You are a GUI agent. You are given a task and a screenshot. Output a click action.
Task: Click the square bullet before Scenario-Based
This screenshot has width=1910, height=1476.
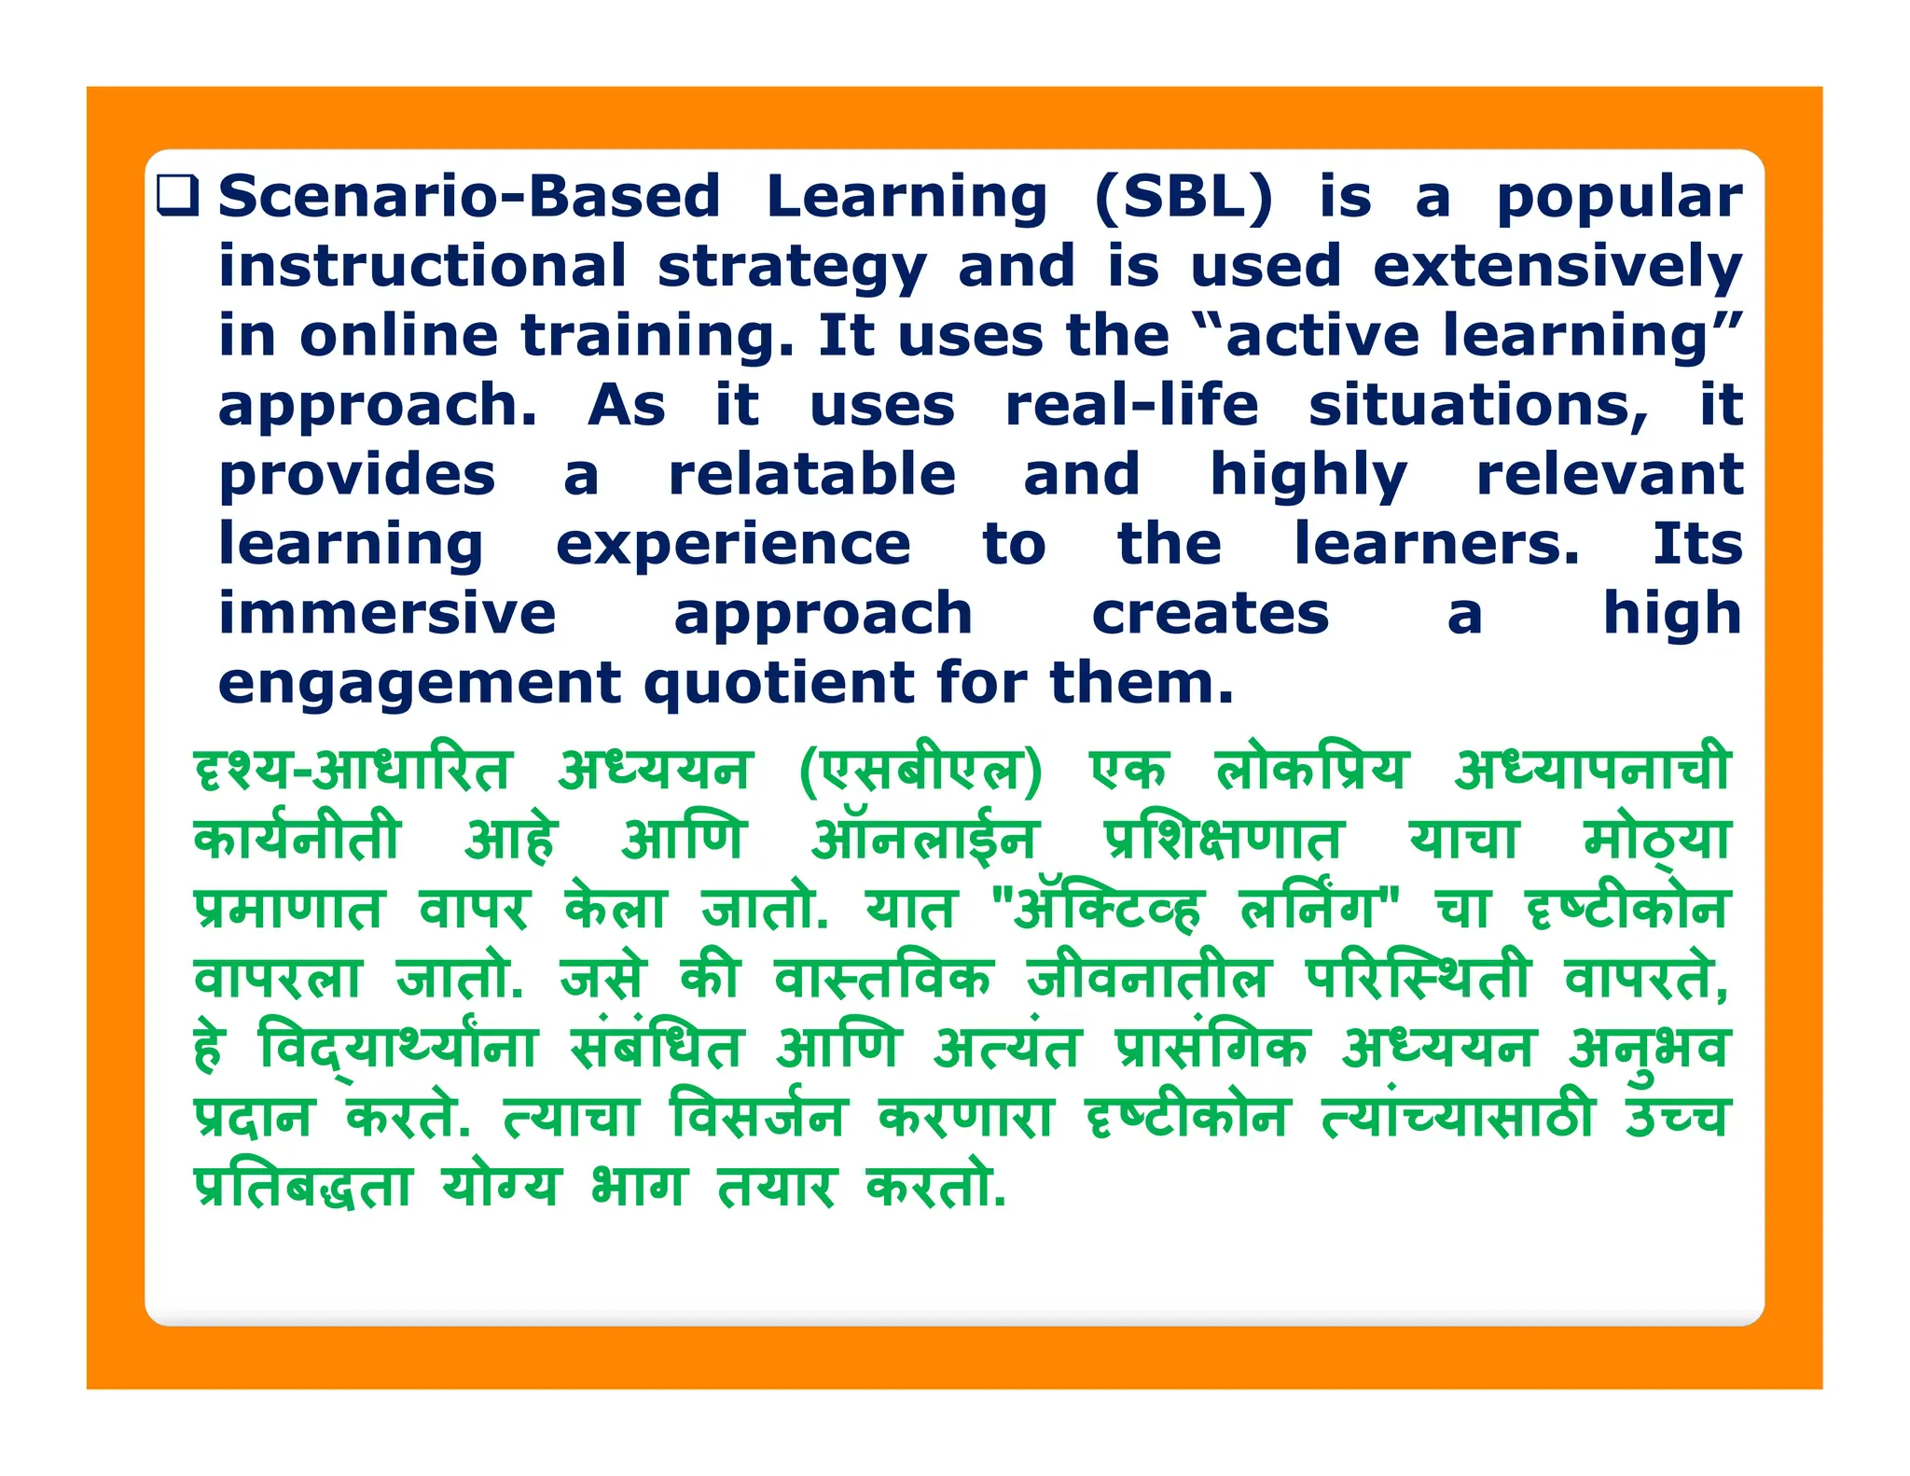[177, 196]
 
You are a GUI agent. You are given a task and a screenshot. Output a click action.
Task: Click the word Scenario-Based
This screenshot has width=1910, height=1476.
[469, 197]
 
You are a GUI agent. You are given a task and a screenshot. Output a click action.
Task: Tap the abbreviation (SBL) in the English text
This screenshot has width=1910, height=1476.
[1183, 197]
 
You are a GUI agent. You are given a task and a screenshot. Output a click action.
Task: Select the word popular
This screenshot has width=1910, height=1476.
[1619, 199]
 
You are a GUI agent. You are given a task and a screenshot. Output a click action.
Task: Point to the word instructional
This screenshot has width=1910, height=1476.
[422, 266]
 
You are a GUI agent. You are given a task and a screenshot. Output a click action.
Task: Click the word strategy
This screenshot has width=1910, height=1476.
[792, 268]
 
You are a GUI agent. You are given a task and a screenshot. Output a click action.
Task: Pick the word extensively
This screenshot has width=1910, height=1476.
[1557, 266]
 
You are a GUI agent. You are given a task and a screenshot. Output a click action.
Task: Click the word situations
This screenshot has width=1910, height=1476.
[1478, 406]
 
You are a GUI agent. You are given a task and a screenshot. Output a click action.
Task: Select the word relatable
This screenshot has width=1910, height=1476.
[812, 474]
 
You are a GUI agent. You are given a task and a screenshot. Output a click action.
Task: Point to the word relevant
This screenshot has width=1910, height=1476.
[1610, 474]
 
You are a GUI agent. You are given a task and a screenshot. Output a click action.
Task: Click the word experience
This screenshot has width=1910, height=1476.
[733, 545]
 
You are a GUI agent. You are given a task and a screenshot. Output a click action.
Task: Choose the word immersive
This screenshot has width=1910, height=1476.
[387, 613]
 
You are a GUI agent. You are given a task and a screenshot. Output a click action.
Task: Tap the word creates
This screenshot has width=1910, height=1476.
[1210, 613]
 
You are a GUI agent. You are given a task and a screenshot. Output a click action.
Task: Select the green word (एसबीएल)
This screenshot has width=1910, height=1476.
[920, 771]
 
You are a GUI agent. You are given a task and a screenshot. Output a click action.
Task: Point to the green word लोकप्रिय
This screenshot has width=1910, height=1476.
[1311, 769]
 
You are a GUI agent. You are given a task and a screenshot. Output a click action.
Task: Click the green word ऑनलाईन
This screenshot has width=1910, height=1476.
[924, 838]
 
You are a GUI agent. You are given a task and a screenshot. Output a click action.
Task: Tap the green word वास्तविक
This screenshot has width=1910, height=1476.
[884, 978]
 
